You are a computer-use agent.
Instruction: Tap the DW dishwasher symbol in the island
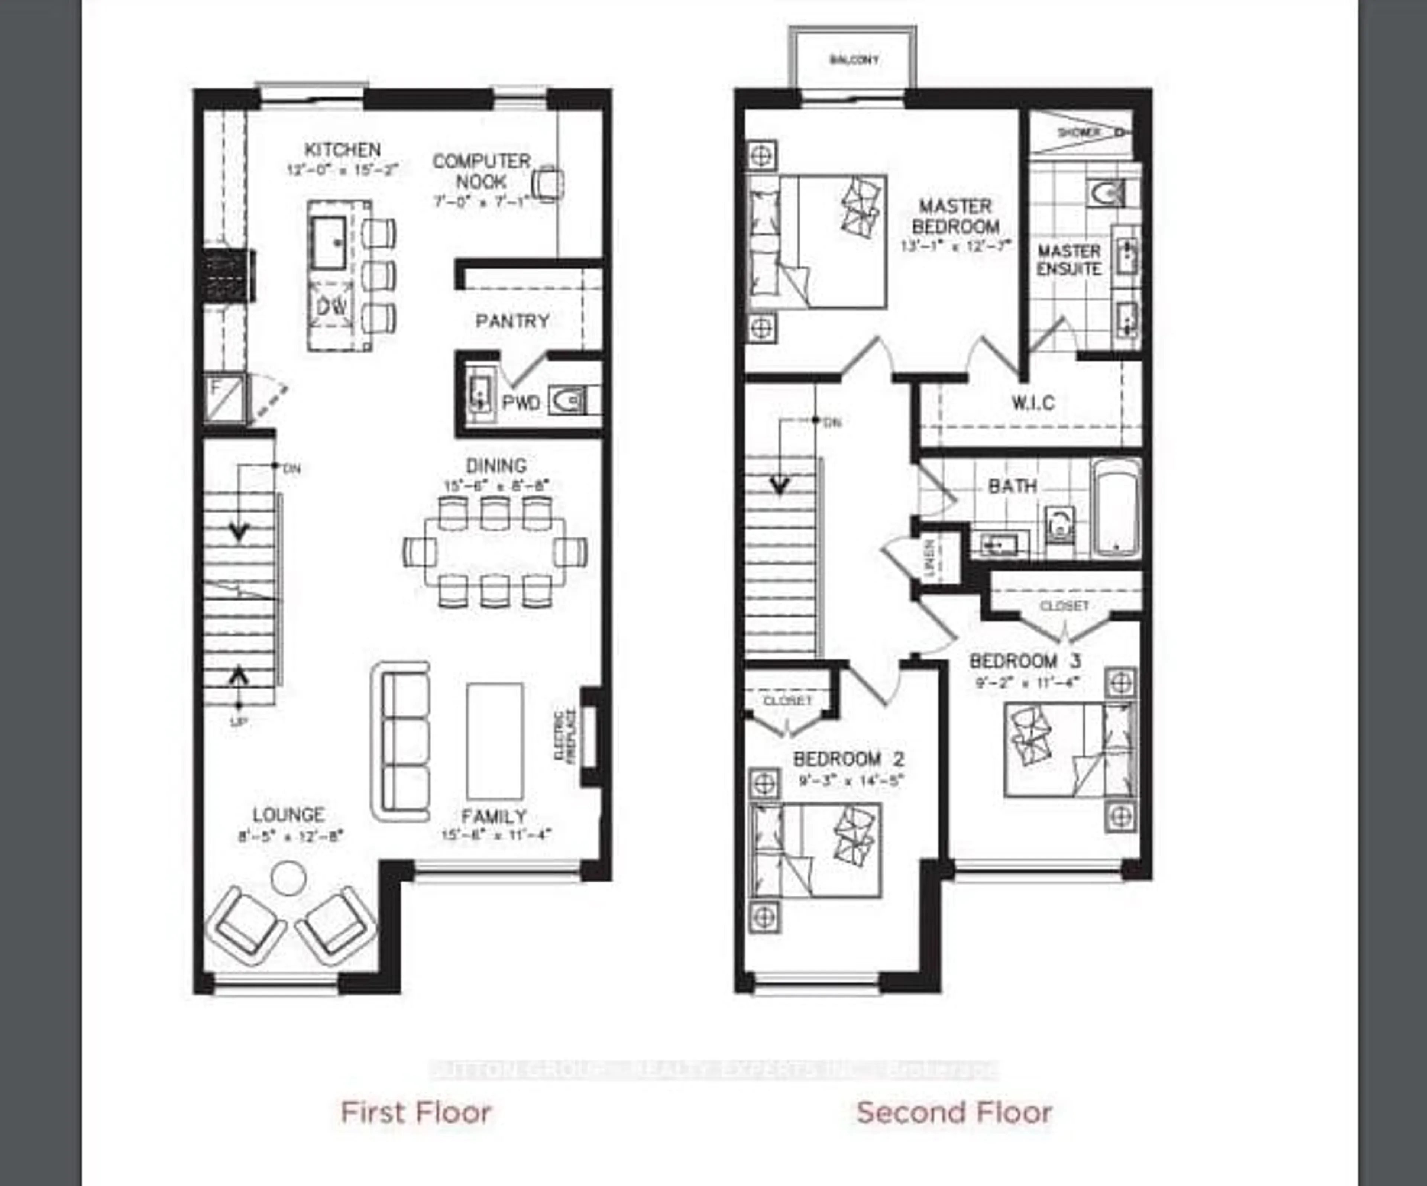tap(331, 307)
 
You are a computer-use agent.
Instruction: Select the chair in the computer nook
tap(547, 184)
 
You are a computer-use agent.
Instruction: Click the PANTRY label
tap(512, 321)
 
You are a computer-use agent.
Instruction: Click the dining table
tap(495, 552)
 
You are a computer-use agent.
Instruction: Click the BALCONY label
tap(854, 60)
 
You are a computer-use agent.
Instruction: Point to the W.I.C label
tap(1033, 403)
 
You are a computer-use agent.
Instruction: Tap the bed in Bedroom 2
tap(815, 850)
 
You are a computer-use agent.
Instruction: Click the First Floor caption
tap(416, 1113)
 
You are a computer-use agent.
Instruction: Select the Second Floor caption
tap(954, 1113)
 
